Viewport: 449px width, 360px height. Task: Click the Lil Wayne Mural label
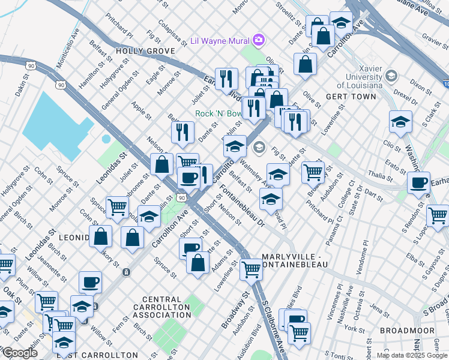[220, 41]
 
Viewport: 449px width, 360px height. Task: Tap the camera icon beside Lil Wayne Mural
[259, 40]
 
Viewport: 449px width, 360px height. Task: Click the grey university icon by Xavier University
[391, 76]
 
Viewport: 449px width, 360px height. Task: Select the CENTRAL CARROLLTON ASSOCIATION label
[162, 307]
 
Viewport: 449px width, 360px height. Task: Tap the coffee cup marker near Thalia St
[418, 182]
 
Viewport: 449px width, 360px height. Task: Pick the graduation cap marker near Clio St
[400, 123]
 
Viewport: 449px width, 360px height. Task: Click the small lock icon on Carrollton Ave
[126, 272]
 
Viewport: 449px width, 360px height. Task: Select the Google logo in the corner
[19, 353]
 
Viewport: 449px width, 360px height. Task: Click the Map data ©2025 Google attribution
[412, 355]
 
